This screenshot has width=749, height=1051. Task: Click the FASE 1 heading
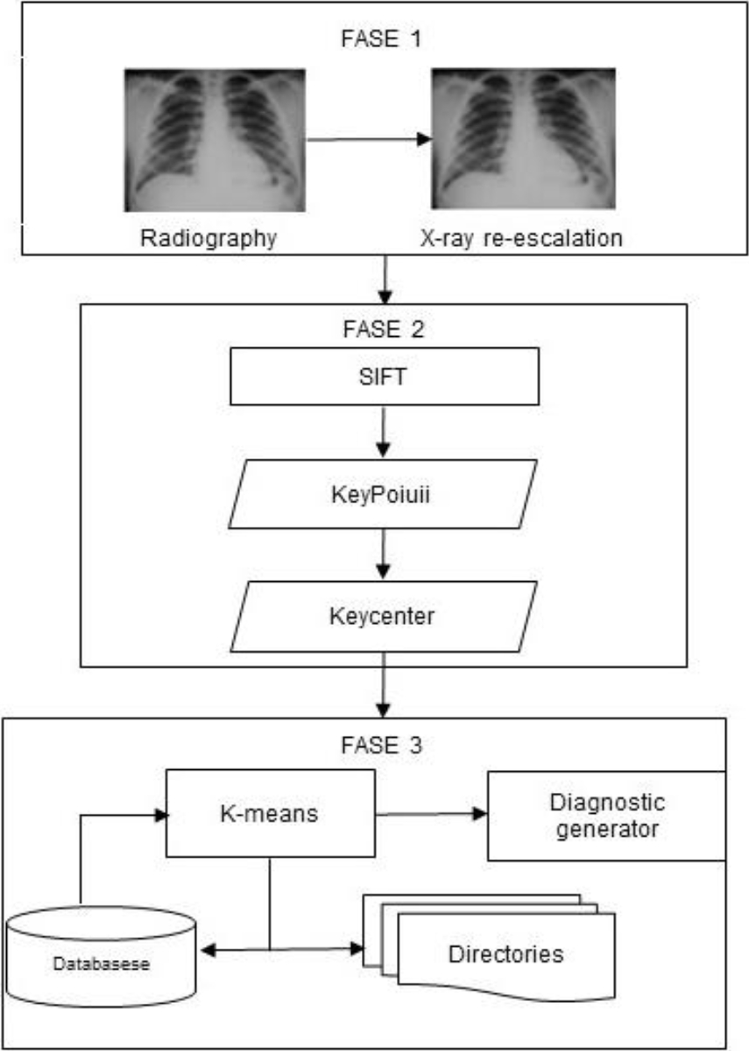[381, 39]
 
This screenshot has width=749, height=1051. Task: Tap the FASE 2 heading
[383, 329]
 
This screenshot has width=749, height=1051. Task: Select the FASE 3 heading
[381, 745]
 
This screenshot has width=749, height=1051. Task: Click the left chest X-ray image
[215, 140]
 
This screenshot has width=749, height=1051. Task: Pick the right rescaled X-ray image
[524, 138]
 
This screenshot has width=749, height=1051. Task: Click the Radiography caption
[208, 238]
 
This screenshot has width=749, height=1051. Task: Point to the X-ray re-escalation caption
[521, 238]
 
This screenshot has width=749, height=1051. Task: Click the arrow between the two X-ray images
[369, 139]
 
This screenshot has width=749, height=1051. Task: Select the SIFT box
[385, 376]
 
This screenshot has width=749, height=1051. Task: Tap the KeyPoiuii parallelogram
[382, 494]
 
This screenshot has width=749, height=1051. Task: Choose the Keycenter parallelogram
[383, 617]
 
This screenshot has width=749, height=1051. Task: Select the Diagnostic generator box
[607, 816]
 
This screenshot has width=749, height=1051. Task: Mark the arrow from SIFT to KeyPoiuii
[383, 431]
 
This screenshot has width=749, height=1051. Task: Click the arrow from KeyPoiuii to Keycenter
[383, 554]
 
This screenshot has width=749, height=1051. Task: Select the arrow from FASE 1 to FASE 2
[385, 280]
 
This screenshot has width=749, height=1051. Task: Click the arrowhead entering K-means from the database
[161, 816]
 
